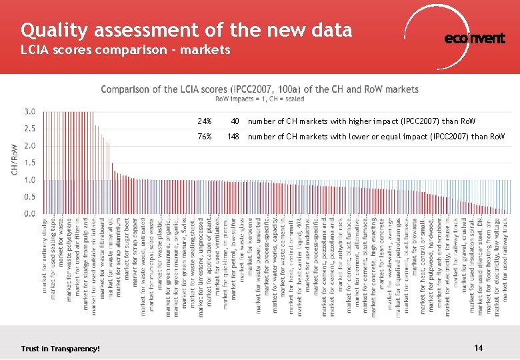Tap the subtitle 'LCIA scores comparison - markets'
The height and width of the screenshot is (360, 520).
(125, 50)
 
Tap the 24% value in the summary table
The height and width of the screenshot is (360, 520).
(205, 122)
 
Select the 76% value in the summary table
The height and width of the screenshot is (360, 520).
(205, 137)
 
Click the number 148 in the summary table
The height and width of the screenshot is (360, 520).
(233, 137)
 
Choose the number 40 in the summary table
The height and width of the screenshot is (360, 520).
(235, 122)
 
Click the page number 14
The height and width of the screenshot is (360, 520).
(478, 348)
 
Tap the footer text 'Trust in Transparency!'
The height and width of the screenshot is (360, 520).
(61, 349)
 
